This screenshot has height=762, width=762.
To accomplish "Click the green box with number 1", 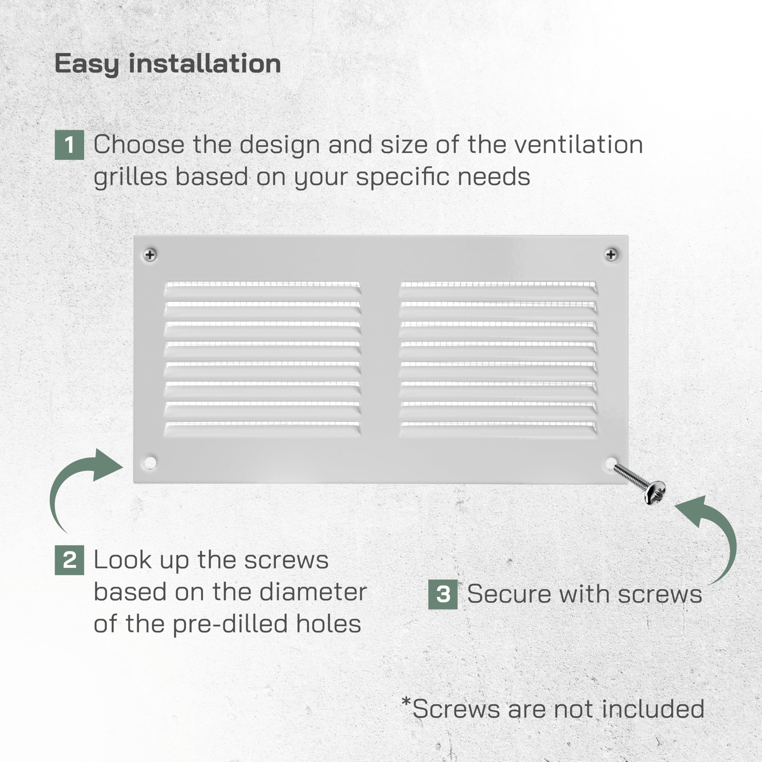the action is (69, 145).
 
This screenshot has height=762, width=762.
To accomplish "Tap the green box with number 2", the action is (69, 560).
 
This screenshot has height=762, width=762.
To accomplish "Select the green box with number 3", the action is (443, 594).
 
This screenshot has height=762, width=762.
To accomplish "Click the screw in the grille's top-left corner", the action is (150, 255).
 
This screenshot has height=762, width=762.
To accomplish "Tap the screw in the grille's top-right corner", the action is (611, 254).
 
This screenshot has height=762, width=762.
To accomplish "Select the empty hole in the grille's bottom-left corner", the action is (150, 462).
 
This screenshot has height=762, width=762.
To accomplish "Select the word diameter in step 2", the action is (313, 592).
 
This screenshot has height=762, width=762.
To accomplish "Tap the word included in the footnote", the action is (653, 709).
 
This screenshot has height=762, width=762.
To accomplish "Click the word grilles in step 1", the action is (131, 177).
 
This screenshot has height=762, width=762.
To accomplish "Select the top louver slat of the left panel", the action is (262, 289).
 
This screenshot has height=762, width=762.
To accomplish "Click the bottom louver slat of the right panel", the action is (498, 430).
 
